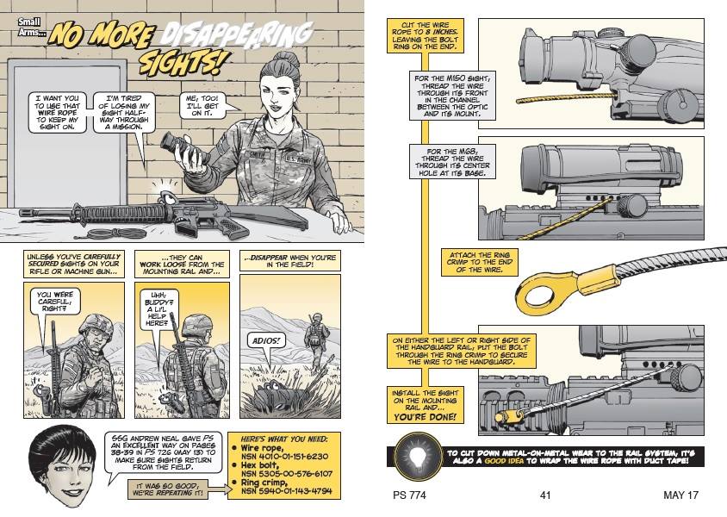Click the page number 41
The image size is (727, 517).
click(x=544, y=495)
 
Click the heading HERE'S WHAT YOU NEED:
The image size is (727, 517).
click(x=281, y=439)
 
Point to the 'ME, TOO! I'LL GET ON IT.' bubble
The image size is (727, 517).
click(x=204, y=105)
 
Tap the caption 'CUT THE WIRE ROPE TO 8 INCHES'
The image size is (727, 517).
click(x=424, y=34)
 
